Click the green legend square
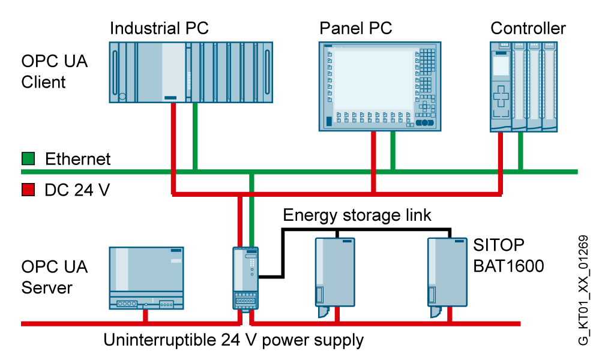pyautogui.click(x=28, y=158)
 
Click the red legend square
pyautogui.click(x=28, y=190)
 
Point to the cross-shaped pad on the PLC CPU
pyautogui.click(x=501, y=96)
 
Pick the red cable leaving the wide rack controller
pyautogui.click(x=173, y=138)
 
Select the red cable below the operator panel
pyautogui.click(x=373, y=159)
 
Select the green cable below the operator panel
pyautogui.click(x=393, y=150)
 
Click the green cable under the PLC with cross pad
pyautogui.click(x=520, y=150)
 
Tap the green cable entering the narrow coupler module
pyautogui.click(x=251, y=216)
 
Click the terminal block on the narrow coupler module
pyautogui.click(x=245, y=301)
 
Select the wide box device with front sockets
pyautogui.click(x=146, y=278)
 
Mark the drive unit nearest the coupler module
pyautogui.click(x=334, y=273)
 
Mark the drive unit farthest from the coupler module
pyautogui.click(x=447, y=273)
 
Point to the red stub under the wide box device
pyautogui.click(x=145, y=316)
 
